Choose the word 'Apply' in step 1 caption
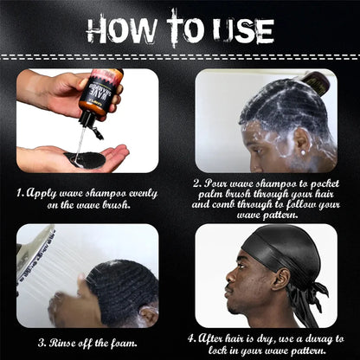(42, 193)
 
